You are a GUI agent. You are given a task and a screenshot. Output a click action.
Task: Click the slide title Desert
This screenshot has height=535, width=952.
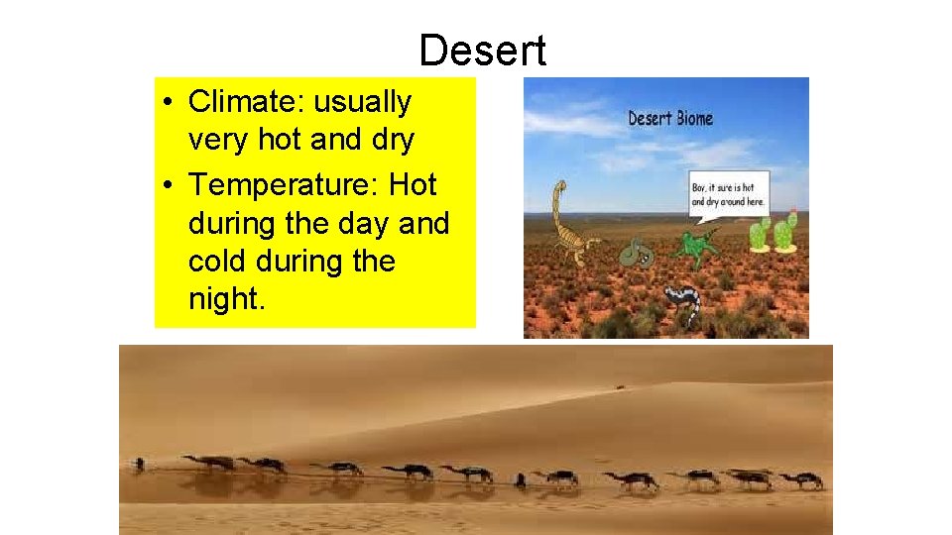(x=482, y=51)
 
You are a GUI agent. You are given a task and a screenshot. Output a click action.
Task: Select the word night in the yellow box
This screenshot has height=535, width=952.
(x=225, y=300)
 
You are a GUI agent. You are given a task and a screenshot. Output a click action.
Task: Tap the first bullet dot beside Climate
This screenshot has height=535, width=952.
(x=172, y=102)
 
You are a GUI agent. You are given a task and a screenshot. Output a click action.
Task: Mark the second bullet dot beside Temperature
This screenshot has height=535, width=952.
(x=172, y=185)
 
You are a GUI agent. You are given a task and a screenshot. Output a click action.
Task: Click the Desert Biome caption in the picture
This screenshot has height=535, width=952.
(x=670, y=119)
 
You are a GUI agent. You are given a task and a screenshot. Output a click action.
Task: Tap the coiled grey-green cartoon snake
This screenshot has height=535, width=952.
(x=637, y=255)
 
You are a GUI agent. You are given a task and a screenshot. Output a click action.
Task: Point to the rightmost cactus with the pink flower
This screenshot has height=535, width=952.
(x=784, y=232)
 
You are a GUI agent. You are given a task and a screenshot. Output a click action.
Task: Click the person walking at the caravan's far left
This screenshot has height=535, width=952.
(x=140, y=464)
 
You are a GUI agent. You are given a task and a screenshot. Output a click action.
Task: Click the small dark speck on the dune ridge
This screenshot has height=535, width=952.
(x=621, y=387)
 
